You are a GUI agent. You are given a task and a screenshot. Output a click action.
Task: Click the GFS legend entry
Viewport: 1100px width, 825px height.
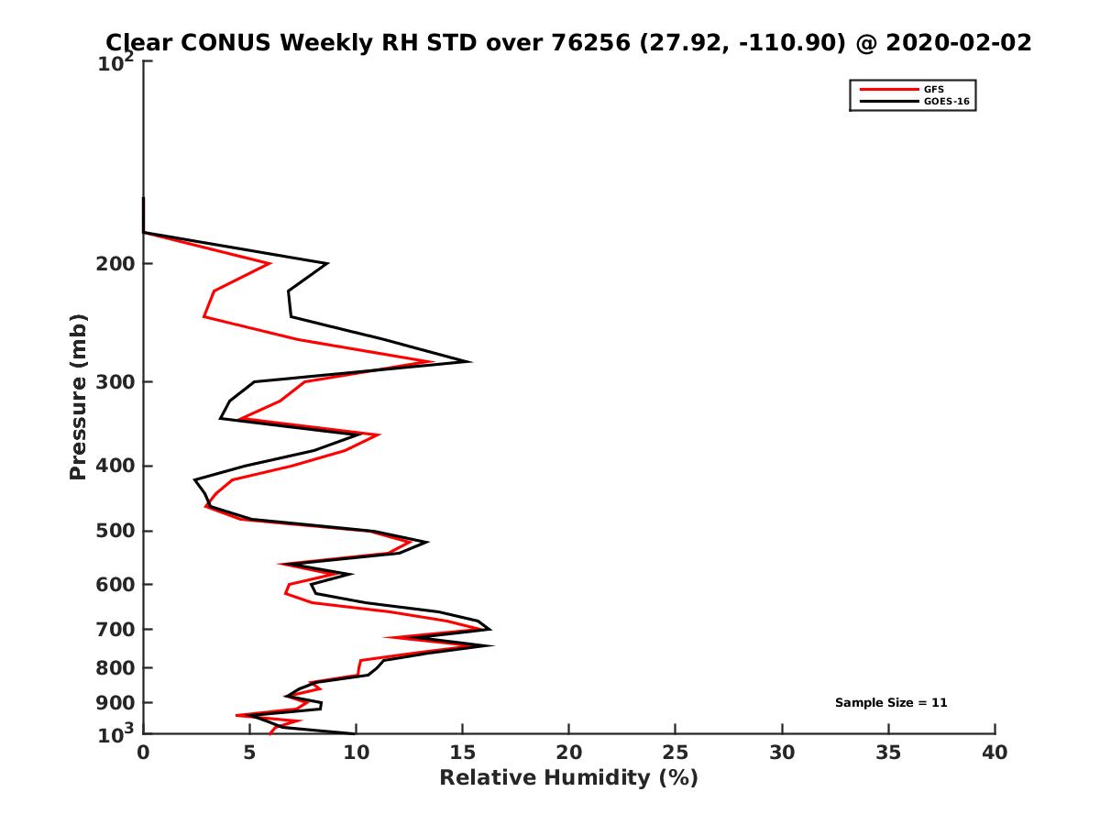(x=936, y=89)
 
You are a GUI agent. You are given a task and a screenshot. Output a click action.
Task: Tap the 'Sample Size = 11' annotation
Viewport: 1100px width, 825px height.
(x=890, y=703)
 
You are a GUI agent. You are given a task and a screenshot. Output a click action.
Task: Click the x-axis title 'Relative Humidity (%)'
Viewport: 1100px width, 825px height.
(x=568, y=778)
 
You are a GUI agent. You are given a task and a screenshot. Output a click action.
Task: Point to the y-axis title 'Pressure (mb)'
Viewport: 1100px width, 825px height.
(x=78, y=396)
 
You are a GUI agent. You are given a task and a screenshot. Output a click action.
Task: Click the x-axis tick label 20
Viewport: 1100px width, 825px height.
(x=568, y=753)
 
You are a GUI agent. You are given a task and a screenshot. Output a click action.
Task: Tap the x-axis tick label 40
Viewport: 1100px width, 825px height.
(x=995, y=753)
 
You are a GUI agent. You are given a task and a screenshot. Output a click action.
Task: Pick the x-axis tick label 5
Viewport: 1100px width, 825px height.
(x=249, y=753)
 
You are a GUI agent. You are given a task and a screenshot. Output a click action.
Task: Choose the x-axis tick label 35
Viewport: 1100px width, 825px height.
(x=888, y=753)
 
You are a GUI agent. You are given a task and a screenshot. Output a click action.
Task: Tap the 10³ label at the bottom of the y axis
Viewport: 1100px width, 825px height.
(x=118, y=733)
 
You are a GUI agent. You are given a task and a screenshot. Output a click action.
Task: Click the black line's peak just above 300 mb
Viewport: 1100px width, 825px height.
(x=470, y=362)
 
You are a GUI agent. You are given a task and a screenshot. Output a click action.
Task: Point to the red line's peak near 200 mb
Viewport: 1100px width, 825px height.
(x=269, y=264)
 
